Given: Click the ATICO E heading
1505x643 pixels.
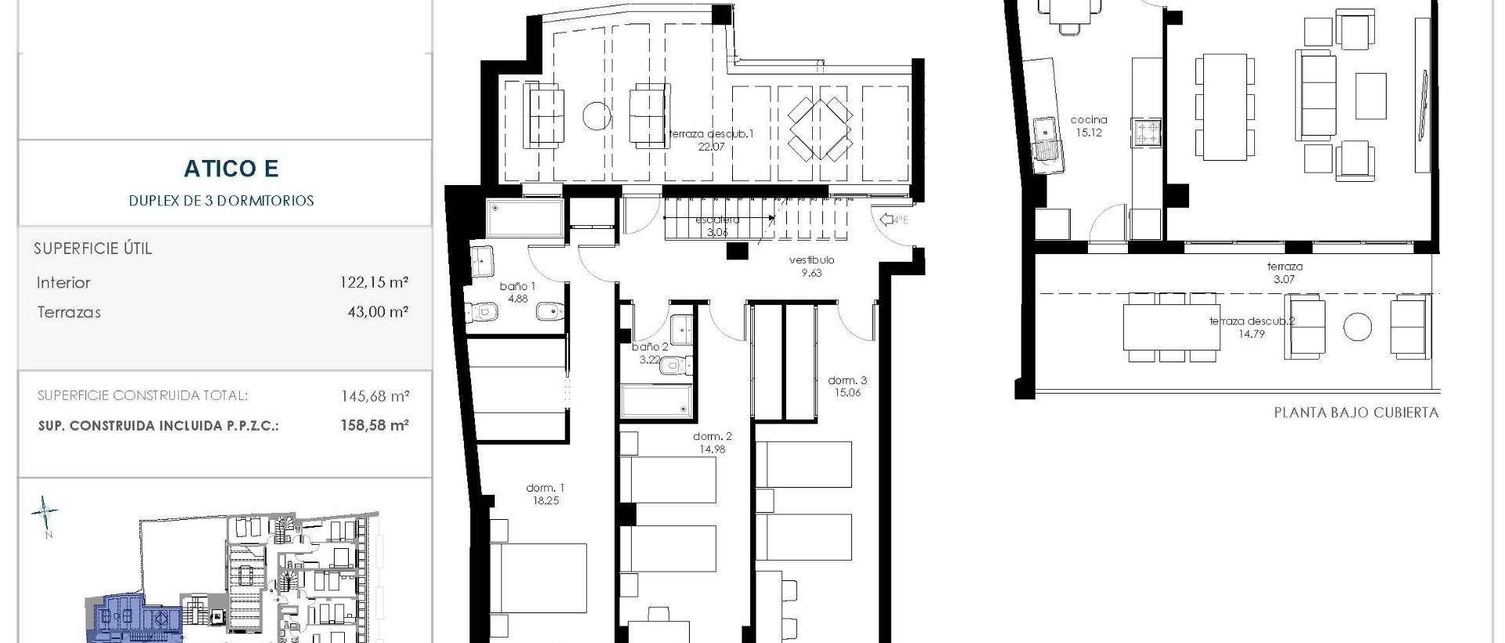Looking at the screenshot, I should pyautogui.click(x=231, y=169).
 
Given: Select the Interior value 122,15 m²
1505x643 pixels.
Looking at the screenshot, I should pyautogui.click(x=374, y=282).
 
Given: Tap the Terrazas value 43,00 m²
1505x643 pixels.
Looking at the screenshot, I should pyautogui.click(x=378, y=312).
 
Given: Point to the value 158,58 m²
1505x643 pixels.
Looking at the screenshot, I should pyautogui.click(x=375, y=425).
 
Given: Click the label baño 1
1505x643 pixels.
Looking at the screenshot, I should pyautogui.click(x=517, y=287).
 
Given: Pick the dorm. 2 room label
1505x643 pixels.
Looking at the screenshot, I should pyautogui.click(x=712, y=437).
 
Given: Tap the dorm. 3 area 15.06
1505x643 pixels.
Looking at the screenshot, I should pyautogui.click(x=847, y=393).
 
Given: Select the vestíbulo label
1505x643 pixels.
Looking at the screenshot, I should pyautogui.click(x=811, y=260).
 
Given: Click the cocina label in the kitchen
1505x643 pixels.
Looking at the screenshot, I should pyautogui.click(x=1089, y=120).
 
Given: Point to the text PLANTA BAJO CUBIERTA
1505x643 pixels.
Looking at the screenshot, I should pyautogui.click(x=1356, y=412).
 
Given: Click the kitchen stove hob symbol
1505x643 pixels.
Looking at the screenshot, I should pyautogui.click(x=1146, y=133).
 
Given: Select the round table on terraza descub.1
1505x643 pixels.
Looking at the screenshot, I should pyautogui.click(x=597, y=117).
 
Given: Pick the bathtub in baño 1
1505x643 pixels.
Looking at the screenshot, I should pyautogui.click(x=525, y=218).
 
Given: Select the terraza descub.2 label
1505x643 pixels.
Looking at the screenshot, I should pyautogui.click(x=1251, y=321).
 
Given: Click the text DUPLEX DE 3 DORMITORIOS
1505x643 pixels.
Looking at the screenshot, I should pyautogui.click(x=221, y=201).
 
